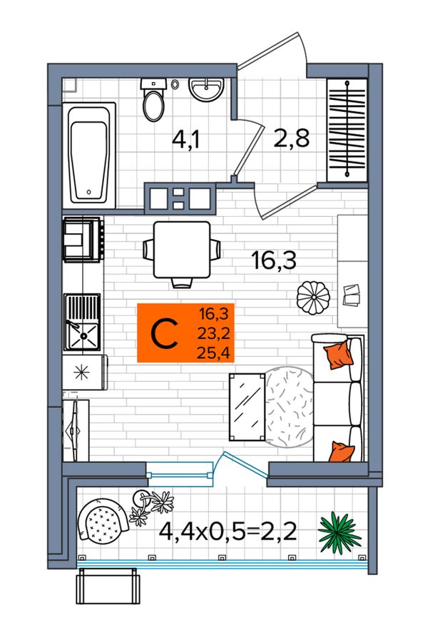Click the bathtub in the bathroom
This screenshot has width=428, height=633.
(89, 156)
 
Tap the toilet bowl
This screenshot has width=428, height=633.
(153, 101)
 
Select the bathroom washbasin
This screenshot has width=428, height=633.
(206, 90)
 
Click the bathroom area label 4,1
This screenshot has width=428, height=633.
(186, 140)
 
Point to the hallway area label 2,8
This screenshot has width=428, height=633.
(291, 138)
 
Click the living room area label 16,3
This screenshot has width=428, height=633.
(274, 260)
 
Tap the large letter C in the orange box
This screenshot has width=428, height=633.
(164, 334)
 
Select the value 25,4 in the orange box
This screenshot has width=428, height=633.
(213, 354)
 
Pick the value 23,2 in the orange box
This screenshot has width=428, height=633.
(213, 333)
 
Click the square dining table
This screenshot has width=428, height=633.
(182, 250)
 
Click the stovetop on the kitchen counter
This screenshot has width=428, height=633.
(82, 239)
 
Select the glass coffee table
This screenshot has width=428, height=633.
(247, 407)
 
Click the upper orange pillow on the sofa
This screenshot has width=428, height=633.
(338, 354)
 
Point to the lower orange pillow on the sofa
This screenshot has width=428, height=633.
(341, 452)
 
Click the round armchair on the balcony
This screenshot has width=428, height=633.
(103, 521)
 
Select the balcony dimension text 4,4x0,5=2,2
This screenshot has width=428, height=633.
(228, 532)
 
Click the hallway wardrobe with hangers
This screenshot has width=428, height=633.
(347, 131)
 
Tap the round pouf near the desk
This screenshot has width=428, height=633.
(313, 297)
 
